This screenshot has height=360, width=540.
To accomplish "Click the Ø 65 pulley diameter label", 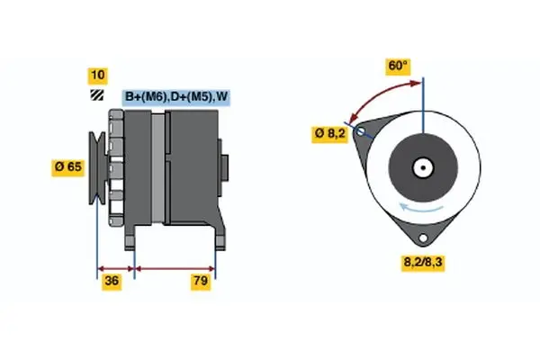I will [70, 166].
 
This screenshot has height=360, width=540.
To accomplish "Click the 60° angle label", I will [398, 66].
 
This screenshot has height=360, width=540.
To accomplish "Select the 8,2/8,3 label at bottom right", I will [424, 264].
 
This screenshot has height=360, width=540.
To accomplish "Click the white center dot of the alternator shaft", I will [420, 166].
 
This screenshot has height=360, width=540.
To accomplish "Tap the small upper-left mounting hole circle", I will [362, 131].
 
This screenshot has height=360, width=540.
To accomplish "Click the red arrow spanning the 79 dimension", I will [175, 267].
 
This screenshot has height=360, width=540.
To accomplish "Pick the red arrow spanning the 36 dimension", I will [115, 267].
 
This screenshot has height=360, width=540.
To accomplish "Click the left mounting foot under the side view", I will [132, 236].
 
